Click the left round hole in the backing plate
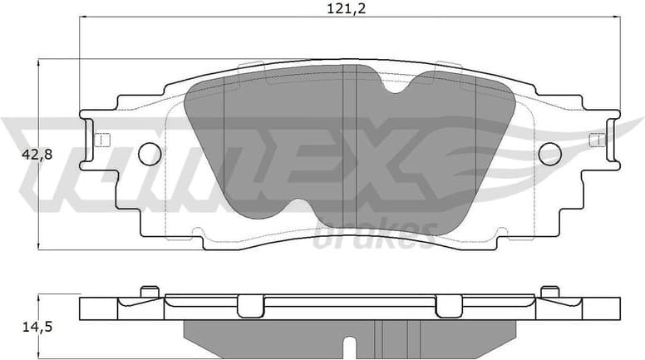[x=149, y=153]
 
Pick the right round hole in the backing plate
[x=549, y=153]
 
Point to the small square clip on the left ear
[x=101, y=140]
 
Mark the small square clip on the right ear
[x=596, y=140]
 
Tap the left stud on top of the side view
[x=150, y=291]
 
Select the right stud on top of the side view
[x=549, y=291]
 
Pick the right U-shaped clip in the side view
[x=449, y=306]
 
